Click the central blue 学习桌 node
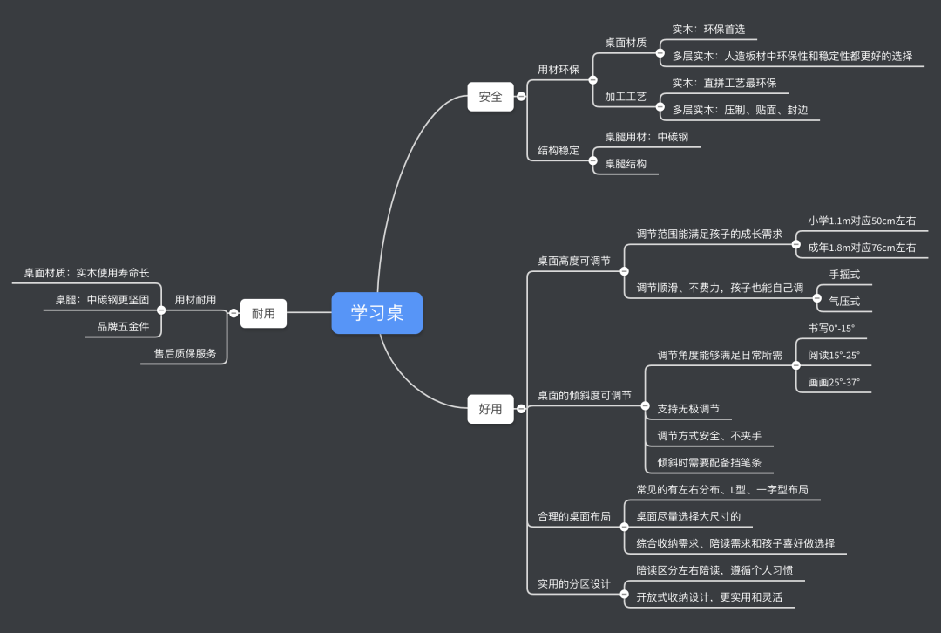click(376, 313)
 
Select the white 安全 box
click(491, 96)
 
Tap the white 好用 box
click(491, 408)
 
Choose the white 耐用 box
click(263, 313)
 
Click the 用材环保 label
click(559, 70)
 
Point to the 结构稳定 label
click(559, 150)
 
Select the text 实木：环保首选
click(708, 29)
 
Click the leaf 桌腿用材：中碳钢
click(647, 136)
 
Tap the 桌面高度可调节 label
click(574, 260)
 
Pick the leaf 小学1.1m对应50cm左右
click(862, 221)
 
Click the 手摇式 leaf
click(844, 274)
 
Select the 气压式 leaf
click(844, 301)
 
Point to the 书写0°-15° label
click(831, 328)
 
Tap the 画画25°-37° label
click(834, 382)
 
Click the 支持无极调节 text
click(688, 408)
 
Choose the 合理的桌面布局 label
click(574, 516)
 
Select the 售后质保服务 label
click(186, 353)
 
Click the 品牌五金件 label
click(123, 326)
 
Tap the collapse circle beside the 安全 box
click(521, 96)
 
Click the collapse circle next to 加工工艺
click(660, 96)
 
